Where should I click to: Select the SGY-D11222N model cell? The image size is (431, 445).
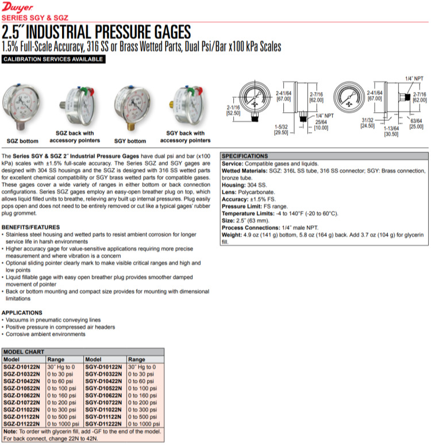click(x=104, y=424)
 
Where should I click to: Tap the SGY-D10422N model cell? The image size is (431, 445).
click(x=104, y=381)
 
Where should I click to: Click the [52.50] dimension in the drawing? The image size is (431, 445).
click(x=233, y=113)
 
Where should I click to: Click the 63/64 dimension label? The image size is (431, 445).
click(x=415, y=121)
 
